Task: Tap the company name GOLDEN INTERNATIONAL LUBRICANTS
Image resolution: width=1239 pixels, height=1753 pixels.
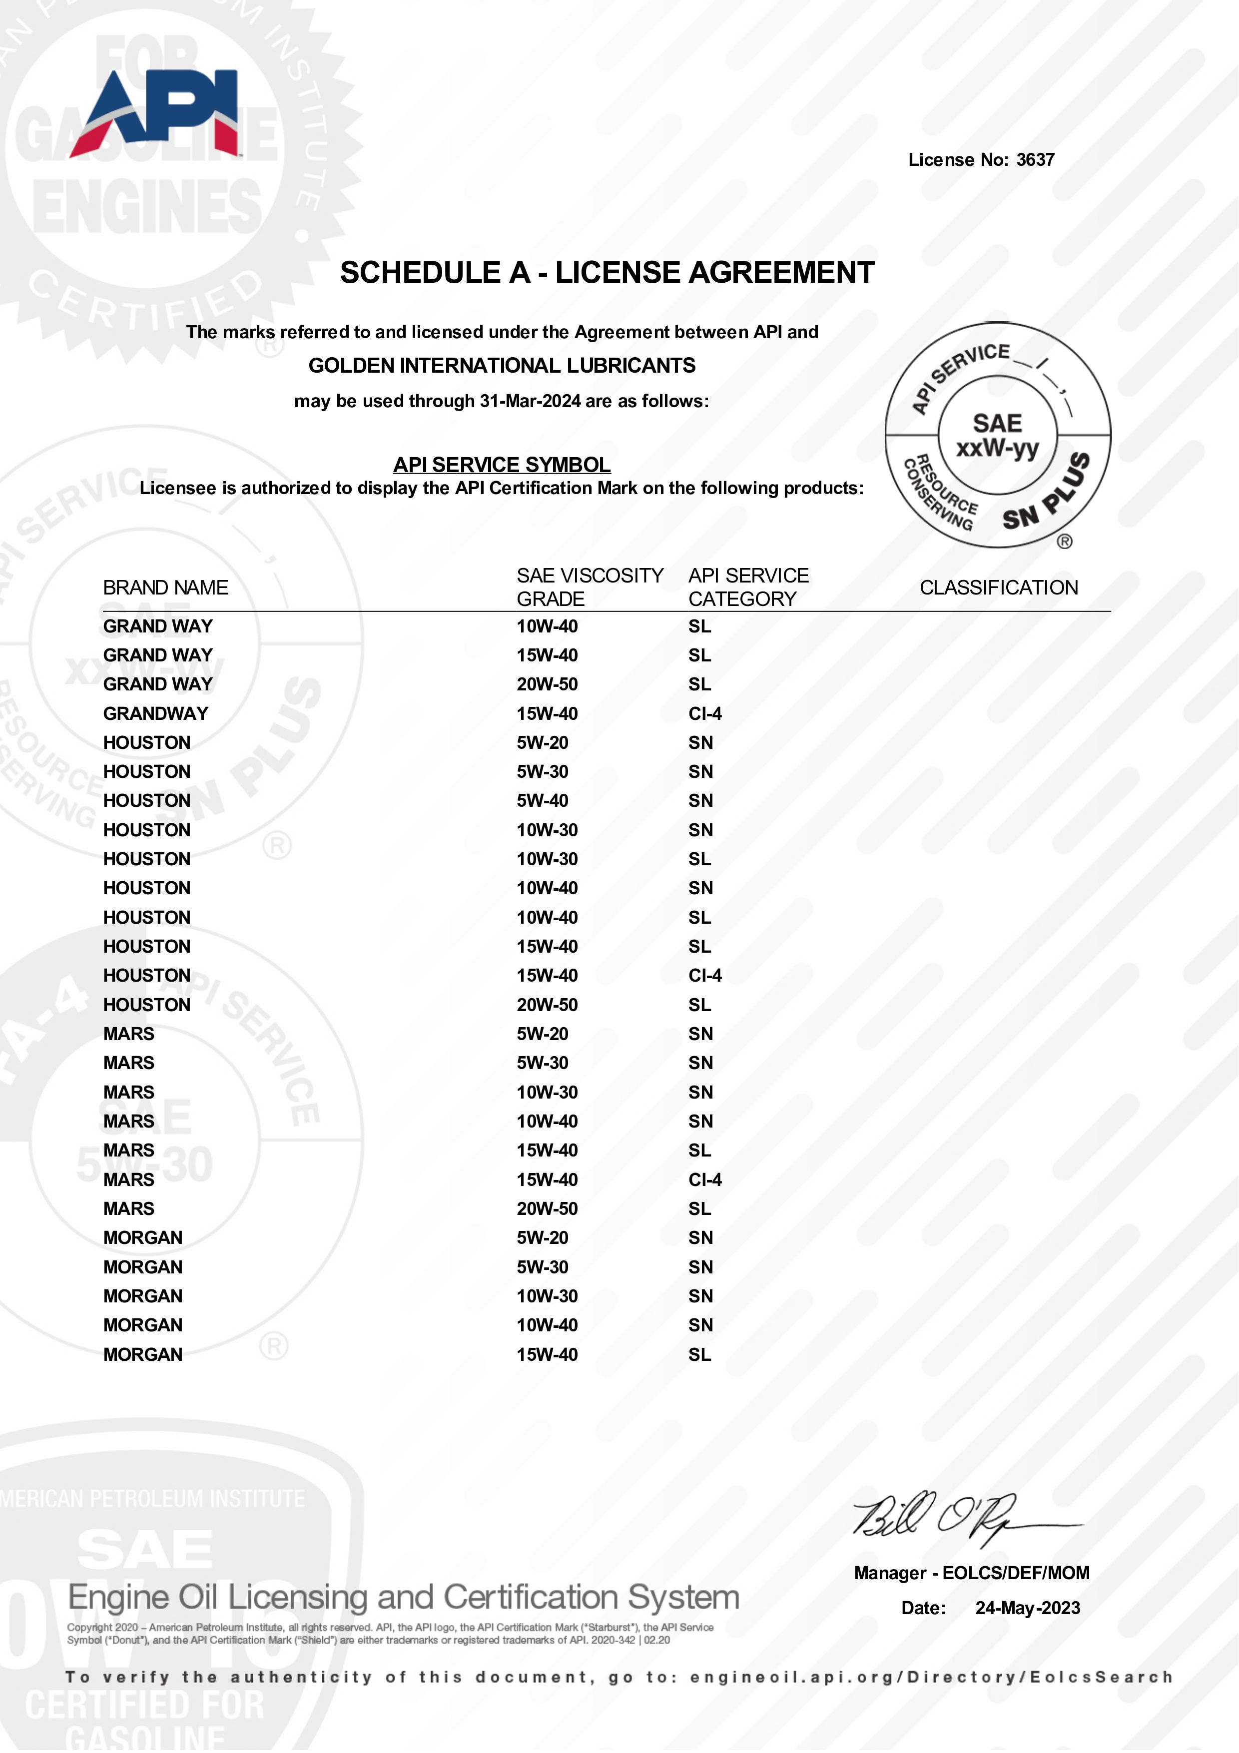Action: (502, 366)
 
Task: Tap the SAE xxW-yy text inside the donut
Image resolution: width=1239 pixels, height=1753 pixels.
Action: (997, 435)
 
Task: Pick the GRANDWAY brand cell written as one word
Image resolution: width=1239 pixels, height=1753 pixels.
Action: (156, 714)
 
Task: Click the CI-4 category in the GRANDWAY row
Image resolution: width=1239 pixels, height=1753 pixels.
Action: (704, 714)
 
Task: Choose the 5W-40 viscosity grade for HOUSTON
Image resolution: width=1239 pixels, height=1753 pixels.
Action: (542, 801)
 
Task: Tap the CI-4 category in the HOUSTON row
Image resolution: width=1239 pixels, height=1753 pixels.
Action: (704, 976)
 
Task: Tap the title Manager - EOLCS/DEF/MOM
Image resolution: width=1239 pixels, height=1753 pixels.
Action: (971, 1573)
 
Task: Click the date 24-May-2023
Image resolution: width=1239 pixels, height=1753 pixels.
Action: (1028, 1608)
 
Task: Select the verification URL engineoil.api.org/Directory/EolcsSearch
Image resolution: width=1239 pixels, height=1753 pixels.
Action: (931, 1678)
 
